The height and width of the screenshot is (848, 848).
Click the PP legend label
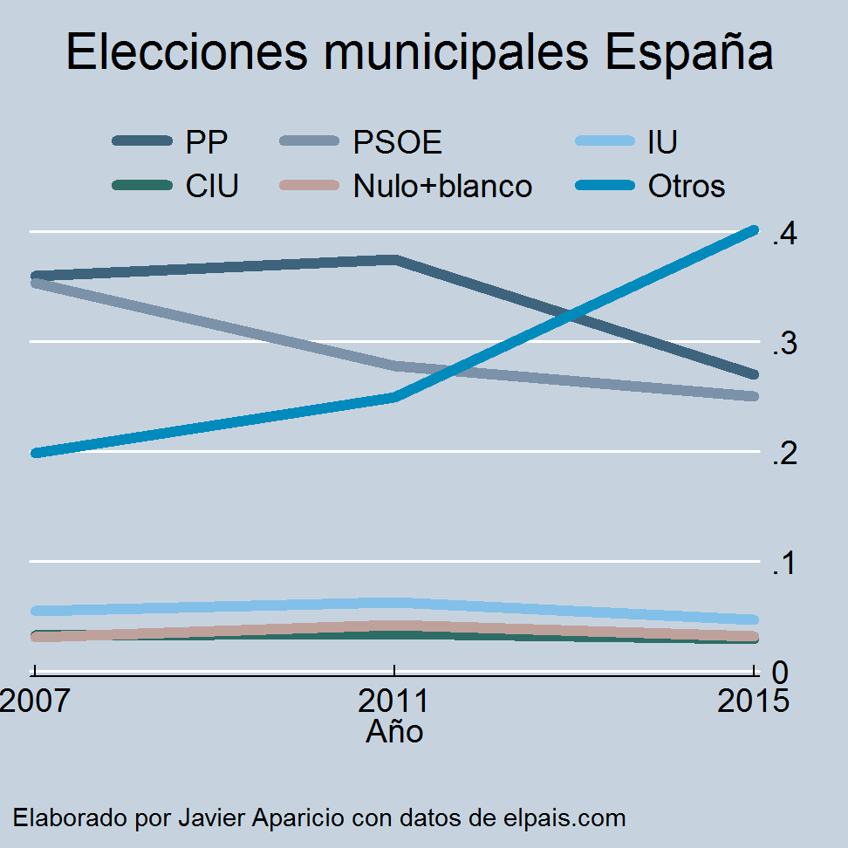pos(207,141)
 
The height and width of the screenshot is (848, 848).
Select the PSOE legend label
pos(397,141)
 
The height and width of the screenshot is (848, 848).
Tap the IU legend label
pos(662,141)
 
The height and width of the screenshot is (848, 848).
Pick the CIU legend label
pos(212,186)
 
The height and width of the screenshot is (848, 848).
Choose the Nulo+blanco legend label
pos(442,186)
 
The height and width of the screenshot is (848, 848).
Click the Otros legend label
pos(687,186)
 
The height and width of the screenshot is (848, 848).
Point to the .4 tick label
pos(784,234)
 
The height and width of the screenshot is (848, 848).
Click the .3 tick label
pos(784,344)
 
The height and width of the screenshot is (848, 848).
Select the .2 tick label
pos(784,454)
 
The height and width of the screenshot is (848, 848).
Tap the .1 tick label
pos(784,564)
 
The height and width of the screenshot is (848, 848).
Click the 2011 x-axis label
pos(395,701)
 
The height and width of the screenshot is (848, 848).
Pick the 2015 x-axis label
pos(753,701)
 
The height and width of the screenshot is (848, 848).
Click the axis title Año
pos(394,731)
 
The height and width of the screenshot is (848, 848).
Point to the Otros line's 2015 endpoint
pos(754,230)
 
